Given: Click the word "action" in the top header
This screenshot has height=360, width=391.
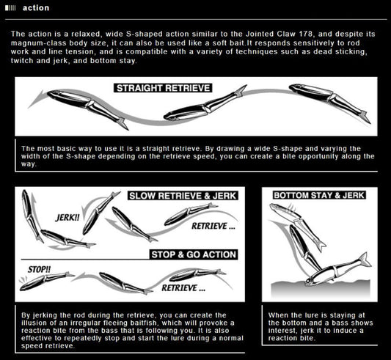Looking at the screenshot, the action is [36, 8].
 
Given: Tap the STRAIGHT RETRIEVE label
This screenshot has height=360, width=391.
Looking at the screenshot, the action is [163, 88].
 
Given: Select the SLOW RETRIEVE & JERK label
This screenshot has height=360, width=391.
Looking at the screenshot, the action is [183, 196].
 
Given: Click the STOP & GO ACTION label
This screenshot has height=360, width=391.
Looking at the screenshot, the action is [194, 254].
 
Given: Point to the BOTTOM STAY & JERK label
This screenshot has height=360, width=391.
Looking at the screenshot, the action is [319, 195].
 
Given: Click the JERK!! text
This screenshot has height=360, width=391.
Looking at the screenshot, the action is [67, 218].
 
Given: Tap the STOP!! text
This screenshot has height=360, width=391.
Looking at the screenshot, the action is [39, 269].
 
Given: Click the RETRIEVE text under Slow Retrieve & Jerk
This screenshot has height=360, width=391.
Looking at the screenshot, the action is [213, 226].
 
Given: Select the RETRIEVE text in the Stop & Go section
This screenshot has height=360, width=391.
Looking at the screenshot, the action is [183, 288].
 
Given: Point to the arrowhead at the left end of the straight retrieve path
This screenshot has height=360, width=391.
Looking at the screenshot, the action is [37, 98].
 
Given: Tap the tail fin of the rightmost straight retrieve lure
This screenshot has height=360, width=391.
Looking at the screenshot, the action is [365, 117].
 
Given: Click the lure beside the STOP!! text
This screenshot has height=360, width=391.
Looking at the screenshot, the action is [47, 281].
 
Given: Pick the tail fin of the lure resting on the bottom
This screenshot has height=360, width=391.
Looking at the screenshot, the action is [365, 260].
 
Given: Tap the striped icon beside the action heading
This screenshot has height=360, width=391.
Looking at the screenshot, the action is [10, 8].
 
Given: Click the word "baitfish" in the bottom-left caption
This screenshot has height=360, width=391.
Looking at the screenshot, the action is [145, 323].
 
